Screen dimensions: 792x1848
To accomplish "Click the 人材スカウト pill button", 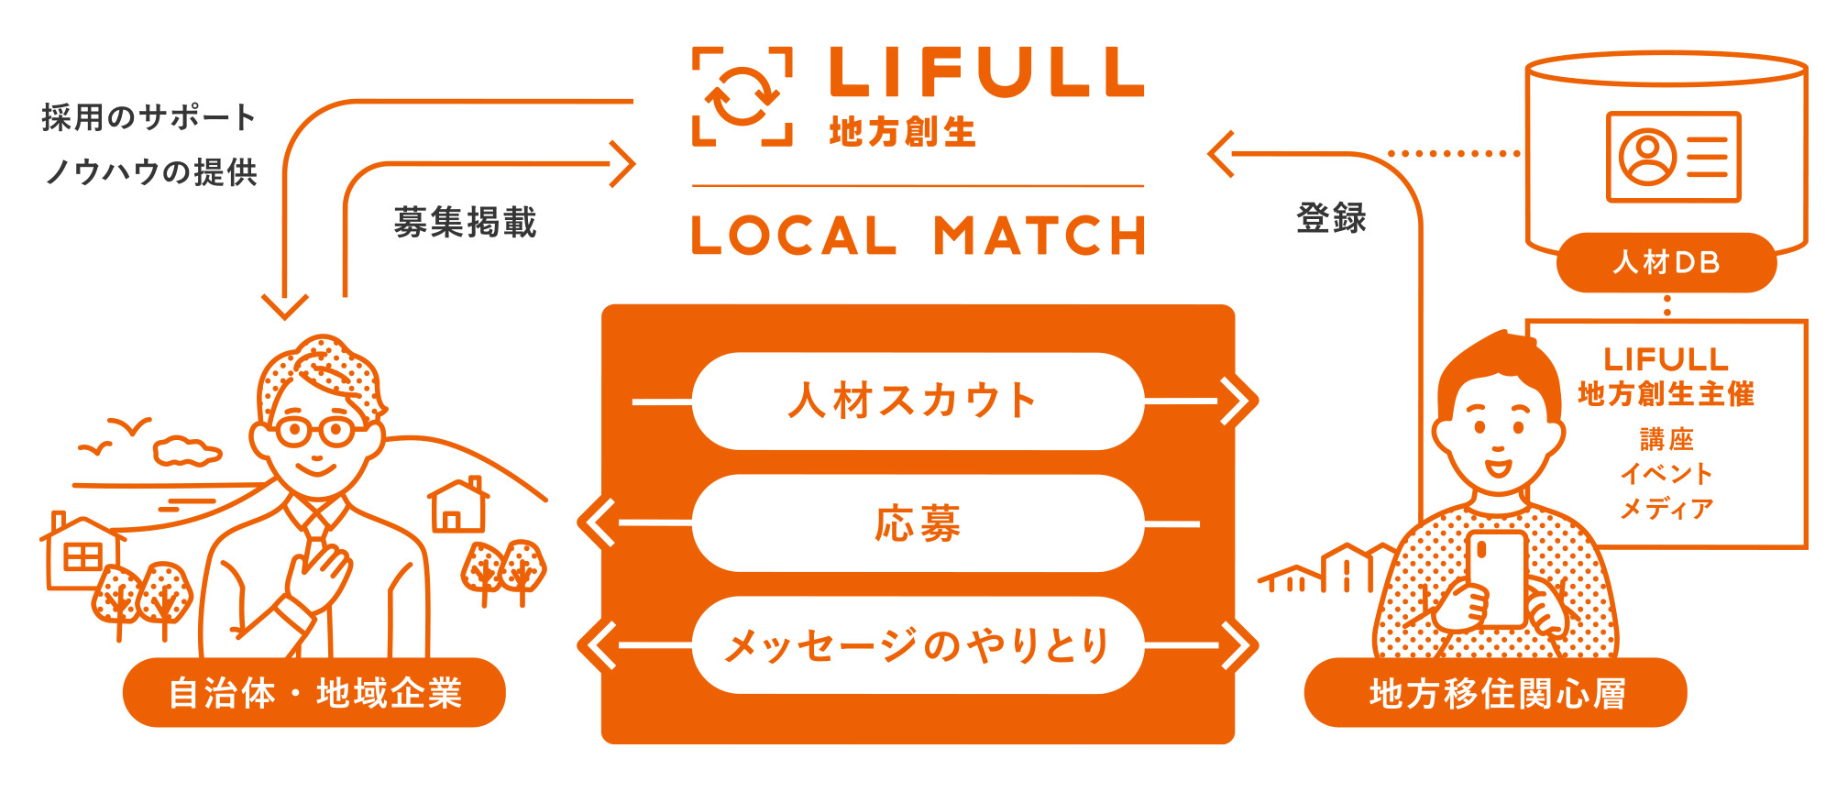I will (x=917, y=401).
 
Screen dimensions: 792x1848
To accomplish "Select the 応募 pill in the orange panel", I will (x=917, y=523).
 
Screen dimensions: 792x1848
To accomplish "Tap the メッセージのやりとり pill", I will (x=917, y=645).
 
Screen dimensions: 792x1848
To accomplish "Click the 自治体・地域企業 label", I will (x=314, y=693).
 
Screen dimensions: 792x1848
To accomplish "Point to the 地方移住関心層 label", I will (x=1495, y=693).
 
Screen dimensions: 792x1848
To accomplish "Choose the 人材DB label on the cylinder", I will (x=1666, y=263).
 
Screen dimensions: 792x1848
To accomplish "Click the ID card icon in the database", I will (x=1673, y=157).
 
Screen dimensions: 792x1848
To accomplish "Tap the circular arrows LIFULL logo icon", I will (x=742, y=95).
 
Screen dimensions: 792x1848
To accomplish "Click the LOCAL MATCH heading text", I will (x=918, y=236).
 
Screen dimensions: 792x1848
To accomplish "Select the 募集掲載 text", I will (x=465, y=222).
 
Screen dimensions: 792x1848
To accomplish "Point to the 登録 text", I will (x=1331, y=218).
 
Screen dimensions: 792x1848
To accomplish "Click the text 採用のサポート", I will (x=148, y=117).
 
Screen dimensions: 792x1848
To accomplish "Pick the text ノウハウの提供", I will (x=151, y=171).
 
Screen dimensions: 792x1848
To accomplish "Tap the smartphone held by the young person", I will (x=1496, y=577).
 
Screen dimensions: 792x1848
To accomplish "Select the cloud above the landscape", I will (x=186, y=451).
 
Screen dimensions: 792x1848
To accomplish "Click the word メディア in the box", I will (x=1666, y=508).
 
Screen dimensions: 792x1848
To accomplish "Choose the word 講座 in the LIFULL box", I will (x=1666, y=439).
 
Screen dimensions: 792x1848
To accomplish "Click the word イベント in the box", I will (x=1666, y=473).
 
